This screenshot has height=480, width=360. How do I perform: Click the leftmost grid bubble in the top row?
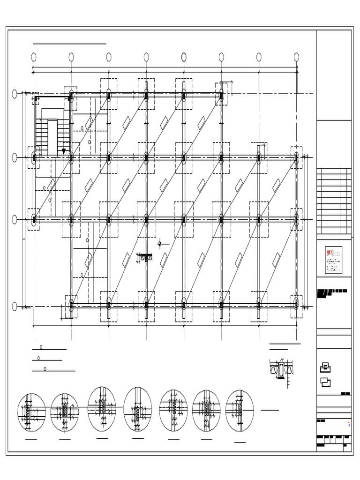click(34, 57)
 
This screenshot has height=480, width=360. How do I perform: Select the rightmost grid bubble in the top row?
click(296, 57)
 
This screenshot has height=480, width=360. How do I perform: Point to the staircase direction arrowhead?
click(64, 151)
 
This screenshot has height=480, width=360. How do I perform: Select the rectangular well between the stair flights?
click(52, 137)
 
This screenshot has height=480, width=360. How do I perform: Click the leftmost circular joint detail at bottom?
click(31, 412)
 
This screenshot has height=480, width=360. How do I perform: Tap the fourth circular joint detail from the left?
click(138, 408)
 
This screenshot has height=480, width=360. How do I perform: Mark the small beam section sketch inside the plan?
click(146, 257)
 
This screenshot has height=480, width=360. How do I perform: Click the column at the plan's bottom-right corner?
click(296, 303)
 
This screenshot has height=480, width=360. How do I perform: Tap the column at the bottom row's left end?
click(71, 305)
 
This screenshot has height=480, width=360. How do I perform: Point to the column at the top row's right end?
click(221, 95)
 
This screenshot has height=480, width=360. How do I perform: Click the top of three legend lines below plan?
click(49, 349)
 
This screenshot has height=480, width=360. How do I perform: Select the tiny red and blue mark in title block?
click(349, 425)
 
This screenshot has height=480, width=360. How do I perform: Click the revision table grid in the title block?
click(334, 202)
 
